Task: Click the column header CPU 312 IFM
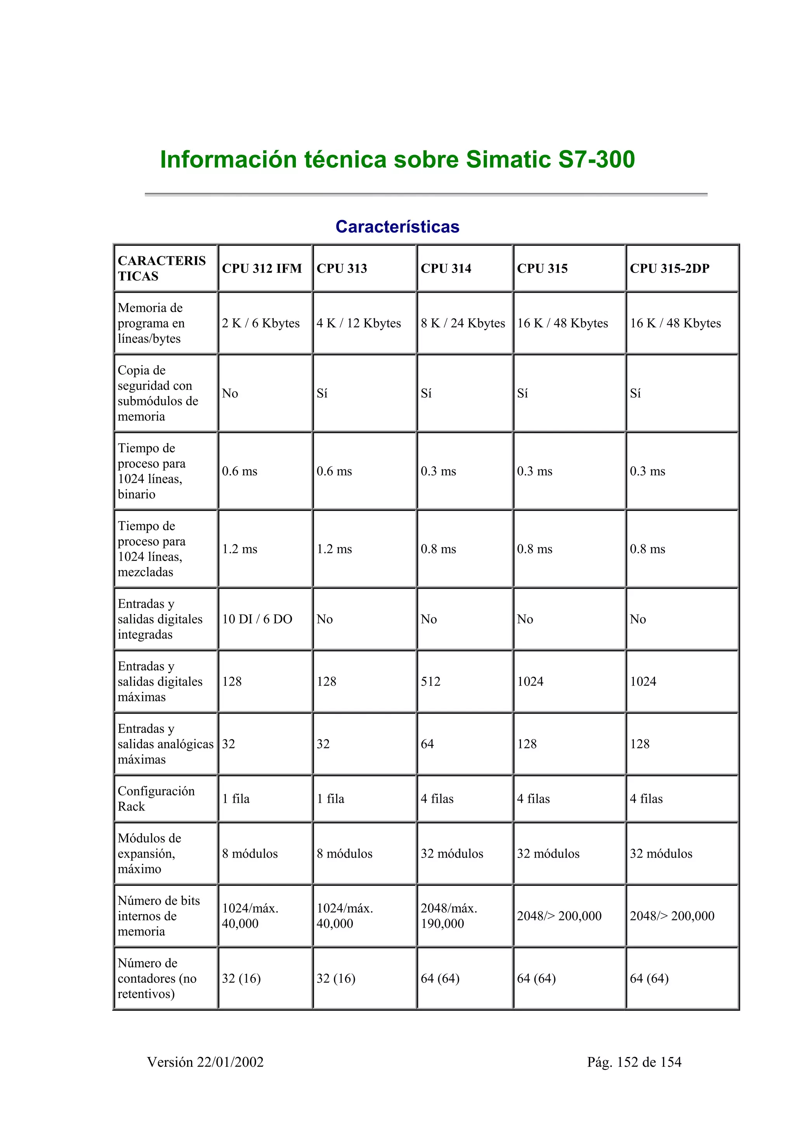262,269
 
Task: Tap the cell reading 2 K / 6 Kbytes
260,323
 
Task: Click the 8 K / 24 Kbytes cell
462,323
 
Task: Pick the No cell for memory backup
230,394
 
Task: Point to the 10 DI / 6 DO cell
257,619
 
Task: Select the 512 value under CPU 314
430,682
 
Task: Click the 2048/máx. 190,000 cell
449,916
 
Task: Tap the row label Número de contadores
157,979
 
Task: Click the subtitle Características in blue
397,227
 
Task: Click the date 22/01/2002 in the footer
230,1062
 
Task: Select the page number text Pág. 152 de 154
634,1062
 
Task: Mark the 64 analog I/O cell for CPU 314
427,744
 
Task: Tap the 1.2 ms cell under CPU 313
334,549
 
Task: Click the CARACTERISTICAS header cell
161,269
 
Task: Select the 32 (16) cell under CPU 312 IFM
241,979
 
